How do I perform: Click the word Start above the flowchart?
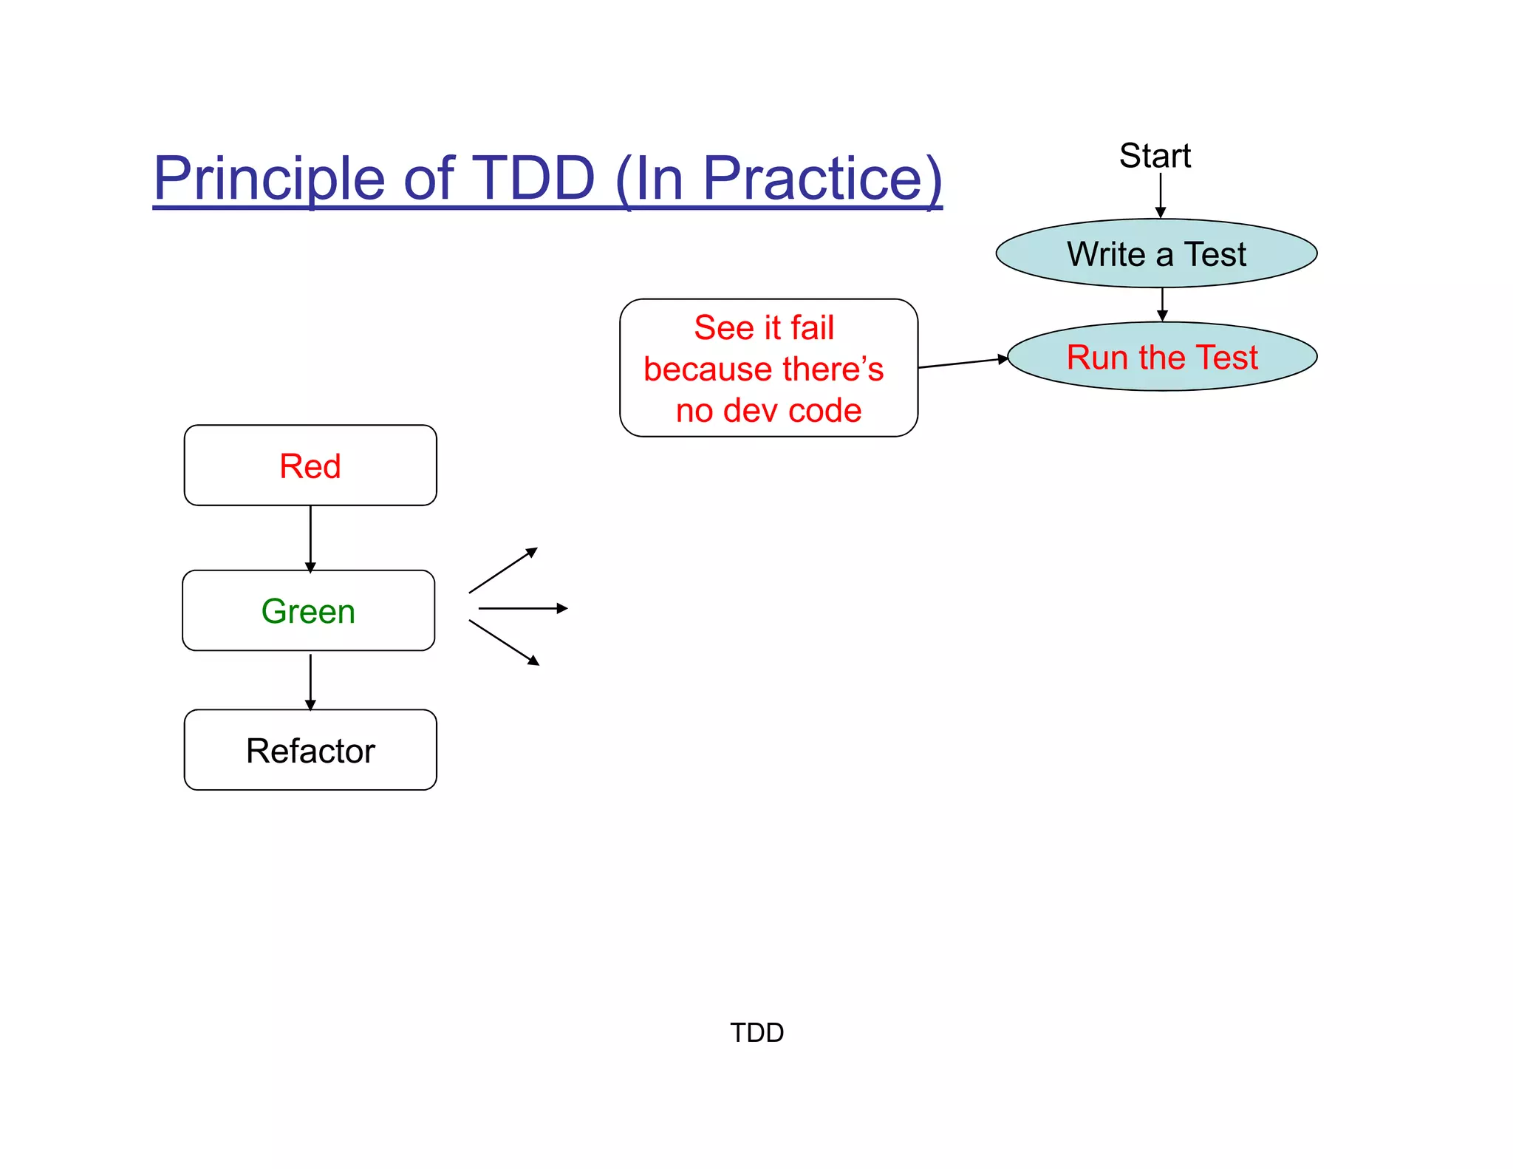1155,156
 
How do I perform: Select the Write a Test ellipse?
1156,253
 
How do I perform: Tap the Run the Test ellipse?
1162,357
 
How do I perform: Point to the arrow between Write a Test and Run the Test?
1162,304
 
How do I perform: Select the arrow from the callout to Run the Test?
963,363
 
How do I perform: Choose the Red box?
310,466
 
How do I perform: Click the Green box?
309,610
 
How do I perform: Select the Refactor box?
310,750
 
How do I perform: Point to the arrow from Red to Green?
310,538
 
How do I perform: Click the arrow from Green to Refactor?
310,681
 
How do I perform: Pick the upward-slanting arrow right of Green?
503,570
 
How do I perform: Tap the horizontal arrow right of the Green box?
523,608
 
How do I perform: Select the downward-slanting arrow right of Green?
504,643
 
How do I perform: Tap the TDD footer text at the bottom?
756,1032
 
